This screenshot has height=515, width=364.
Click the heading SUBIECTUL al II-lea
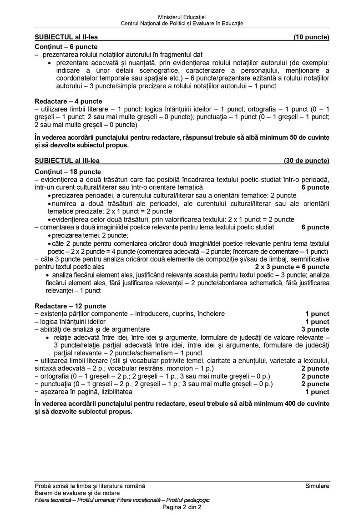click(66, 37)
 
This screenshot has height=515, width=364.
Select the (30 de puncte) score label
click(307, 161)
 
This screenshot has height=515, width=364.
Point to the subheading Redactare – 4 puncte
click(68, 101)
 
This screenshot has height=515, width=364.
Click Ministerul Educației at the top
click(182, 17)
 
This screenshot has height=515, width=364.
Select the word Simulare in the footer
click(318, 486)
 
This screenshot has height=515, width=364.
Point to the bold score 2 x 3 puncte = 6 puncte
click(292, 267)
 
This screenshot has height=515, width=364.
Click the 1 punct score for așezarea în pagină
click(317, 391)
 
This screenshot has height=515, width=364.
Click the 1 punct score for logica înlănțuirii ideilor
click(317, 322)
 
